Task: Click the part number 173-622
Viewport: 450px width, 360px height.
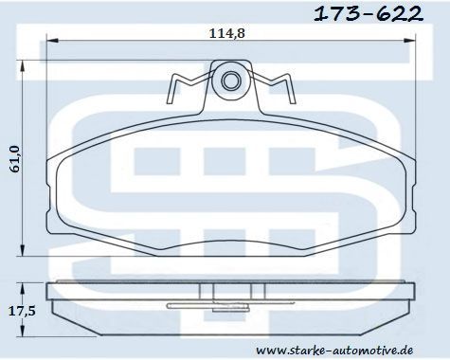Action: click(369, 14)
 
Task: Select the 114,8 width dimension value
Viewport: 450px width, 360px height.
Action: click(227, 33)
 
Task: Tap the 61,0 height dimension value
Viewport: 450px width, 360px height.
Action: click(15, 159)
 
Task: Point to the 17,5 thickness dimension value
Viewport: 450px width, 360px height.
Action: click(22, 312)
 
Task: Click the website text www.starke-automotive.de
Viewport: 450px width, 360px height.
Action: click(334, 350)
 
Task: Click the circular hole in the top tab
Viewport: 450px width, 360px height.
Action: click(231, 81)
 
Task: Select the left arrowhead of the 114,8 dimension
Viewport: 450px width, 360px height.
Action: click(53, 40)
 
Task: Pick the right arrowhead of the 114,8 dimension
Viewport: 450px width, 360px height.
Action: click(409, 40)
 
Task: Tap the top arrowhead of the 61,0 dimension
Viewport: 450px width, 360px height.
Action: click(22, 67)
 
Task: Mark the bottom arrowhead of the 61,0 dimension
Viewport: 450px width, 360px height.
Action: click(22, 249)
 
